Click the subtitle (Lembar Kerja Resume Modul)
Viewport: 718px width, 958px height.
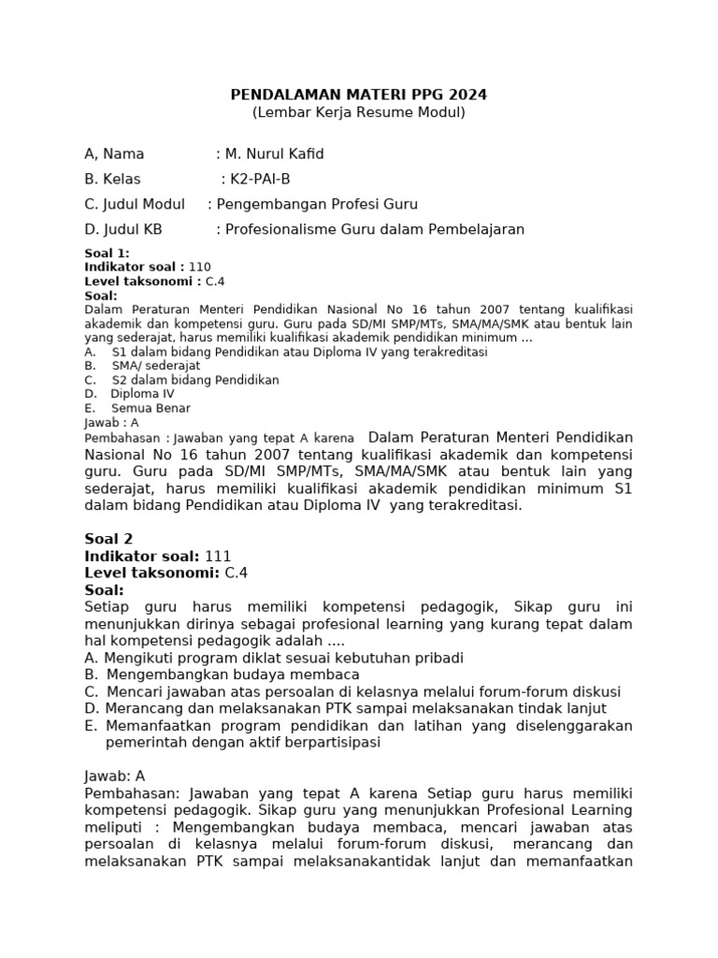(x=359, y=112)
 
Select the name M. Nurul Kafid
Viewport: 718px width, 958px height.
(x=276, y=153)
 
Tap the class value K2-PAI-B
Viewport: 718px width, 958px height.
(x=266, y=179)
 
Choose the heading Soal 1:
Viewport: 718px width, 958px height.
(x=108, y=254)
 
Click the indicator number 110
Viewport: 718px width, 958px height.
(x=200, y=267)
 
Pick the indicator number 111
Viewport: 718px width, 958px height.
(x=218, y=556)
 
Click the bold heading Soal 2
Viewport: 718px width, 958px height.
(x=108, y=538)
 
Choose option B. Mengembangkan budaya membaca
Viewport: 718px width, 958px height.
(x=222, y=675)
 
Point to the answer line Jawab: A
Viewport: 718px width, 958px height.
(x=115, y=776)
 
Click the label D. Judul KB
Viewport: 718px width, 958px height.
(x=123, y=229)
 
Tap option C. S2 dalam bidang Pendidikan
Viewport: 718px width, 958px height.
(x=181, y=380)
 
